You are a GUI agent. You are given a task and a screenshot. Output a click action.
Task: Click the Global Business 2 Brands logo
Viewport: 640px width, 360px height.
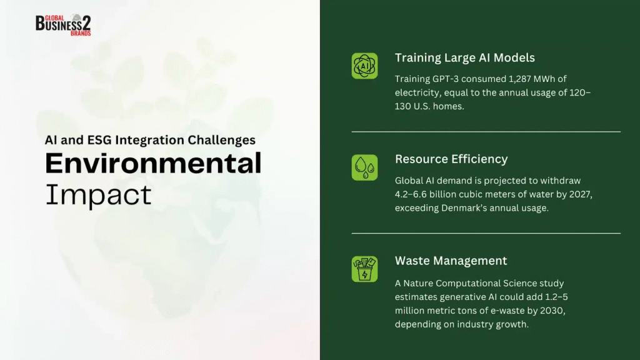[x=63, y=25]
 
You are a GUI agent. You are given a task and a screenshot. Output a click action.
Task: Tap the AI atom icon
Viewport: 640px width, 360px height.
[x=364, y=66]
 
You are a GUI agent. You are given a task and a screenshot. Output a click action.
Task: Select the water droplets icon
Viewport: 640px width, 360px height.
[x=364, y=167]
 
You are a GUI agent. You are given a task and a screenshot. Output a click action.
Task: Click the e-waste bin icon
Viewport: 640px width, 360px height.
[x=364, y=269]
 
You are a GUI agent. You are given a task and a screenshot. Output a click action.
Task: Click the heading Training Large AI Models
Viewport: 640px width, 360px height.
[x=464, y=57]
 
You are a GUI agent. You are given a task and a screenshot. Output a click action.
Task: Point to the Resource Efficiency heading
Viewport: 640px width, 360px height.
[x=451, y=159]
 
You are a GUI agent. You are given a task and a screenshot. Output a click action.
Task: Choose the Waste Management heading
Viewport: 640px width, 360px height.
[x=451, y=261]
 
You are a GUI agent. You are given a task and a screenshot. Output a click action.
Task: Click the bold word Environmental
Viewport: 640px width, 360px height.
[x=153, y=163]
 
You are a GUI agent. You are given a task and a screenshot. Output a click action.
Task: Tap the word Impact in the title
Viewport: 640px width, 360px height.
[x=98, y=195]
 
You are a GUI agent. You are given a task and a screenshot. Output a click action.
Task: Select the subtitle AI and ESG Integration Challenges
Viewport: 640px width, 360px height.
[x=150, y=140]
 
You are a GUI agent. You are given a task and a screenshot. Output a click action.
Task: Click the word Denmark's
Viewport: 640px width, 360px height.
[x=464, y=208]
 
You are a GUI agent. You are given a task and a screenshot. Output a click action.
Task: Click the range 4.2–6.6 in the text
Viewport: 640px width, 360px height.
[x=411, y=194]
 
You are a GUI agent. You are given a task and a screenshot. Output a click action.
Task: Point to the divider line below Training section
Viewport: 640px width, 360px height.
[x=486, y=132]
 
